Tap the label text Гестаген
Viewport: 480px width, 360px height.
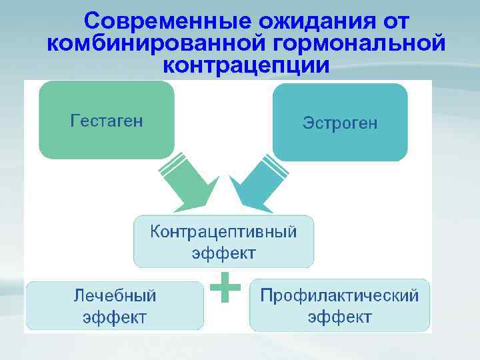click(107, 121)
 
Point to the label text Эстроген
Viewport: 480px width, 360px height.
click(340, 123)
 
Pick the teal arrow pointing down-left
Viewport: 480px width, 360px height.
click(257, 188)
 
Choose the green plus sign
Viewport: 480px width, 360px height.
click(225, 287)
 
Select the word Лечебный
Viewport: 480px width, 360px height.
click(115, 295)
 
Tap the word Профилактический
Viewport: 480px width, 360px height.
click(339, 295)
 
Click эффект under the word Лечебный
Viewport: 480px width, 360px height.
click(115, 317)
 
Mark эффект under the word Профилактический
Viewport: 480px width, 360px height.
click(339, 316)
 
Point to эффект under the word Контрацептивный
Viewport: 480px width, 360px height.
click(223, 253)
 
